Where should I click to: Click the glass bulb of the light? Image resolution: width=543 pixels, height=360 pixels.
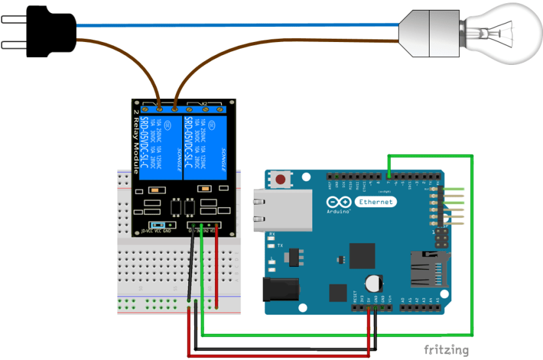point(502,31)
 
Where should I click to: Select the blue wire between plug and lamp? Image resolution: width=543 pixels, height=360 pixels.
point(236,25)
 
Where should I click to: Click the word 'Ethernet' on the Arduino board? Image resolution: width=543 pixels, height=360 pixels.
point(376,202)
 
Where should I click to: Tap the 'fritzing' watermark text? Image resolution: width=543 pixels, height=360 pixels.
point(446,350)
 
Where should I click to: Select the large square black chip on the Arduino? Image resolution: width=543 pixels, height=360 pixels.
point(362,255)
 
